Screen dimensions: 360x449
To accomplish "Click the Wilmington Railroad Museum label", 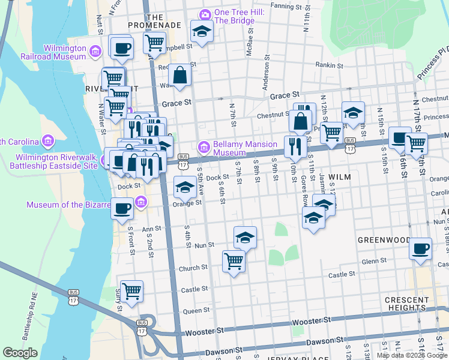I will click(x=65, y=52).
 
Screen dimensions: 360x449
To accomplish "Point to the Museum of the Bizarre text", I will click(x=68, y=205).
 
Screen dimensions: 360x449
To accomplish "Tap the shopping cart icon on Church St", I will click(x=233, y=260).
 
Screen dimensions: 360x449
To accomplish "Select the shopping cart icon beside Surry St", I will click(x=131, y=291).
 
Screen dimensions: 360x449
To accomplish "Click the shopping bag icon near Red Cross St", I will click(x=179, y=75).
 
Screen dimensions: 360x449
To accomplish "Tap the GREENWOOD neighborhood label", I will click(x=384, y=240).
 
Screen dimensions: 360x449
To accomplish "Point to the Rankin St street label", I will click(x=330, y=66).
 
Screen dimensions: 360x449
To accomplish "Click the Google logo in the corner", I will click(x=20, y=353).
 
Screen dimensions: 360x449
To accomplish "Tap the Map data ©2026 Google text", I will click(x=411, y=355).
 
